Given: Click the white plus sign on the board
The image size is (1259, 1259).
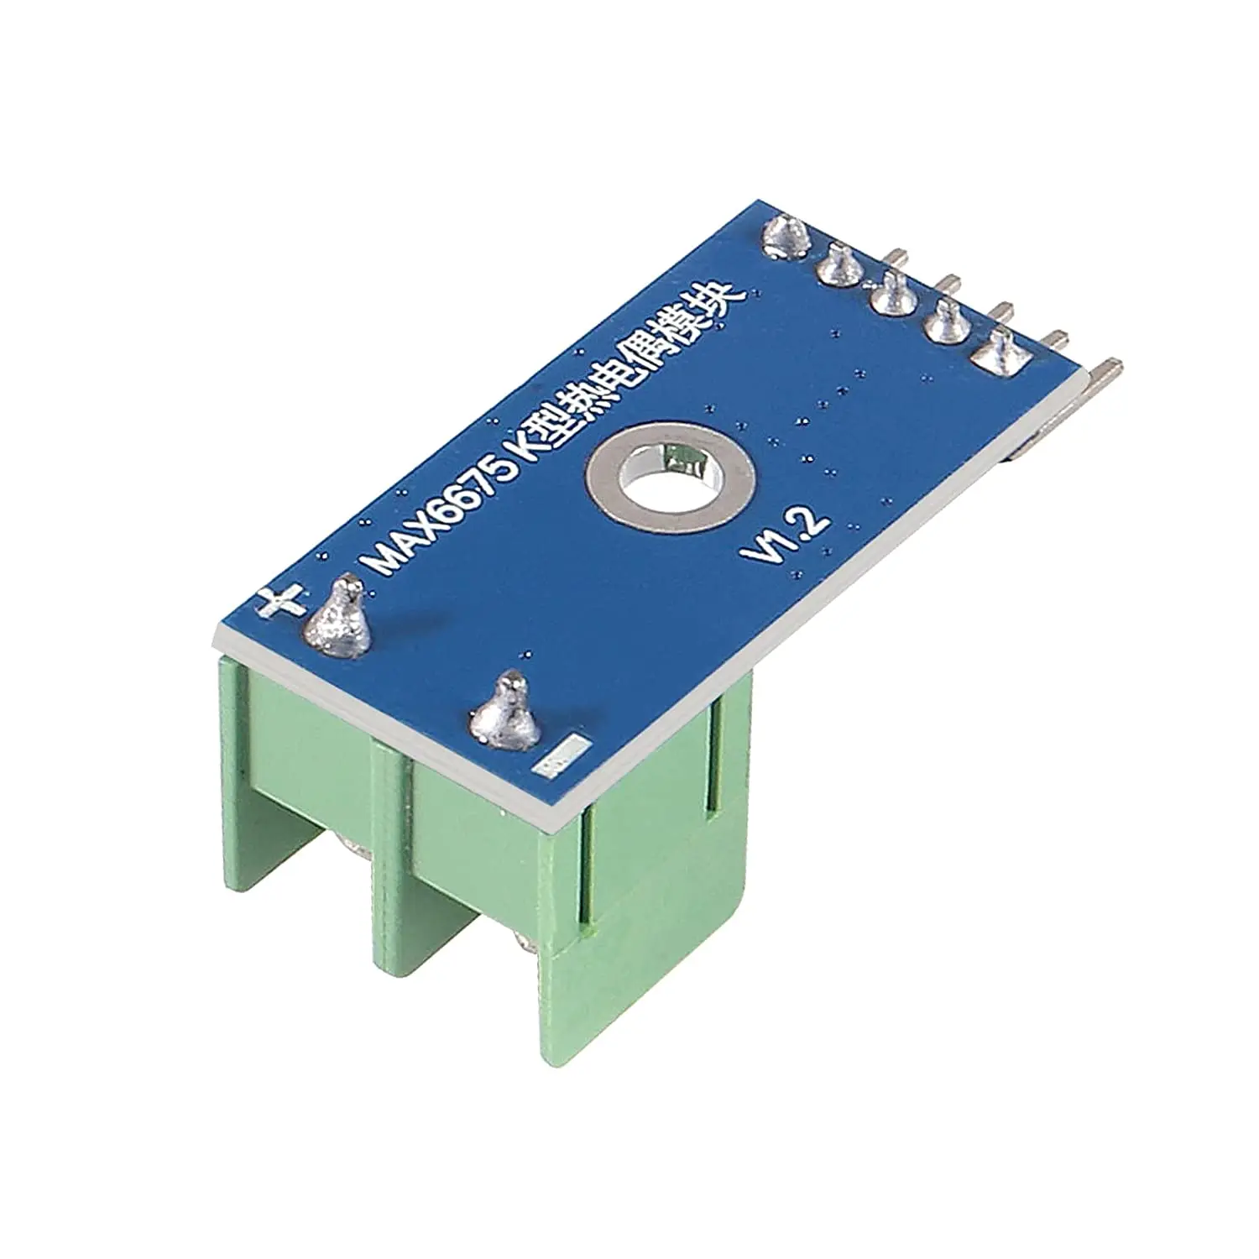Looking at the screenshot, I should point(281,602).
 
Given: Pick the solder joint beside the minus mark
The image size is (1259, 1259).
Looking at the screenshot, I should point(505,715).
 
